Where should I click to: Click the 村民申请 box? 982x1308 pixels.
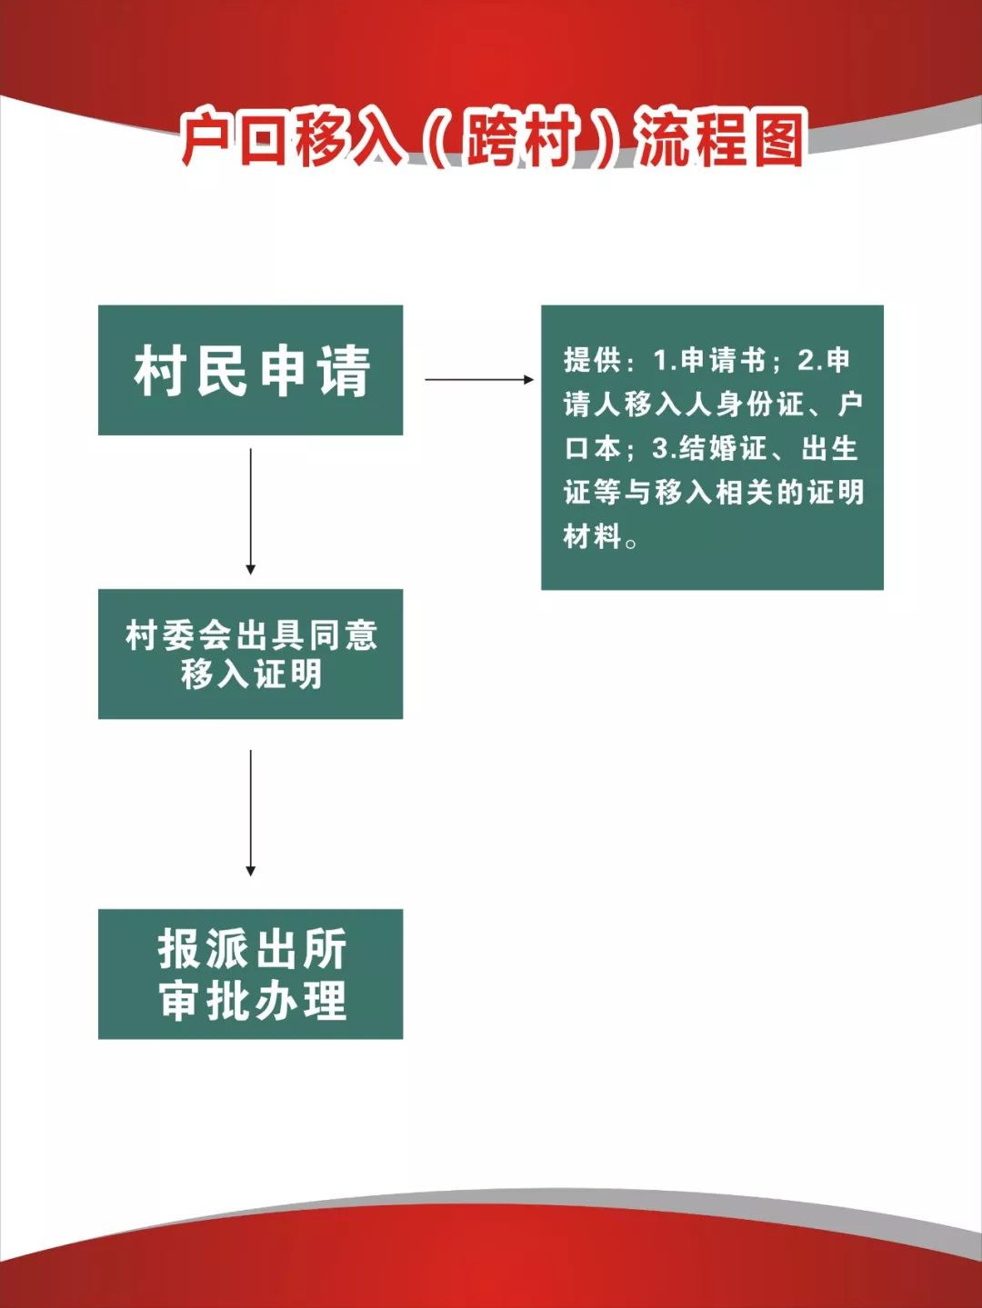click(250, 370)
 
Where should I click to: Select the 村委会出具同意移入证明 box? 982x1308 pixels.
click(250, 654)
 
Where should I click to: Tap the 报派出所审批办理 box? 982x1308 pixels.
click(250, 974)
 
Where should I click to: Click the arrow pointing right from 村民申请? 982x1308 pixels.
click(479, 379)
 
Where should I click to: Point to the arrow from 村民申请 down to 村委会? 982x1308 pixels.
click(250, 511)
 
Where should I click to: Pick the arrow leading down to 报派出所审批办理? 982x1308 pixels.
click(250, 813)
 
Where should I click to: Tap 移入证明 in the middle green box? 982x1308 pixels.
click(252, 674)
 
